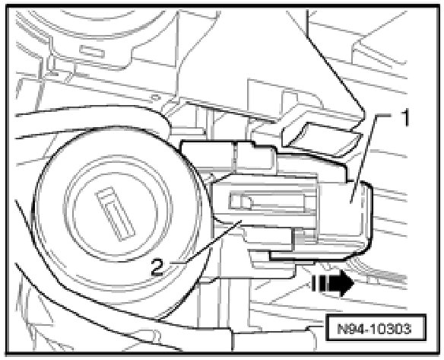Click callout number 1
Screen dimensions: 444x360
tap(405, 118)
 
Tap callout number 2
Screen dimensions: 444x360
tap(157, 268)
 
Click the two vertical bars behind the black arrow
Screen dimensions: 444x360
tap(318, 284)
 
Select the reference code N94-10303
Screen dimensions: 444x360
tap(375, 329)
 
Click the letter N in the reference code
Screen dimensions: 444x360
tap(343, 329)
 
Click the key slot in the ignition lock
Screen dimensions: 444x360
tap(116, 213)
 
